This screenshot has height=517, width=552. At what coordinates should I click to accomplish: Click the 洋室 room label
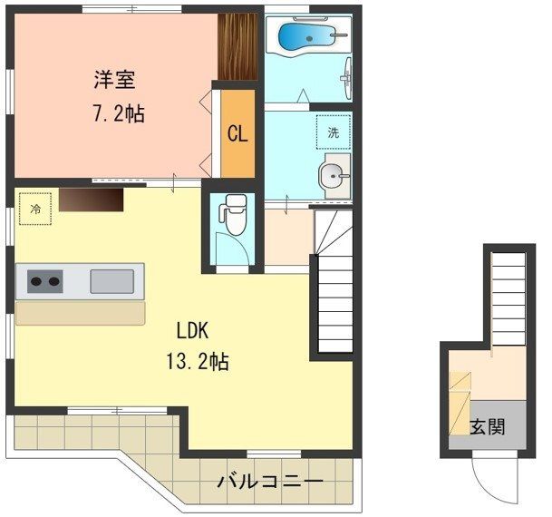[114, 80]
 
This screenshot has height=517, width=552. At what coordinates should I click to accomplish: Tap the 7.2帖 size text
[118, 115]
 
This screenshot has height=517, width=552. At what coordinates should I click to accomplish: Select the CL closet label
[237, 134]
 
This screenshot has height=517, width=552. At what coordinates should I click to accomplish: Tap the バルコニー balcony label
[269, 482]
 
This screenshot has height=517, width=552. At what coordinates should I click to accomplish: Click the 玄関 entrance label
[488, 425]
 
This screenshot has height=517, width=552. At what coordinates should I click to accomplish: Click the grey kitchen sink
[111, 281]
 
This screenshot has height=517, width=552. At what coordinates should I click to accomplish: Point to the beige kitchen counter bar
[80, 313]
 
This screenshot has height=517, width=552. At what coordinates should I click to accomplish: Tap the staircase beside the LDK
[333, 299]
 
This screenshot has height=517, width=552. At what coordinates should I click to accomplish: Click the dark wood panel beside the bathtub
[239, 46]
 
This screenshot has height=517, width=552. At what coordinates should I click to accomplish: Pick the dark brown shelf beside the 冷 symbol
[91, 199]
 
